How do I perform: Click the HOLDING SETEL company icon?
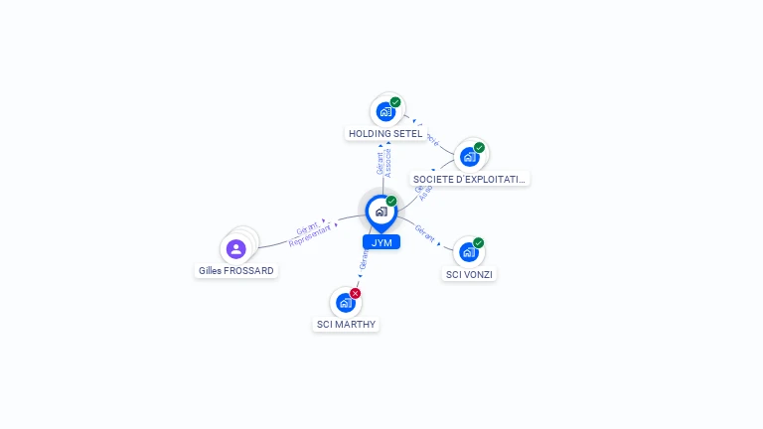[385, 111]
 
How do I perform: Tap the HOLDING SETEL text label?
[385, 133]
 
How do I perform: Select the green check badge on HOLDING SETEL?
[395, 102]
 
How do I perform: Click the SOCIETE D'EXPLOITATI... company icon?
[469, 157]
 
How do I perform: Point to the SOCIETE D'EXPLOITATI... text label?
[470, 179]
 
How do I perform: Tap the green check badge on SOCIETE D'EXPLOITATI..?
[479, 148]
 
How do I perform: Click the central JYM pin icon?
[381, 211]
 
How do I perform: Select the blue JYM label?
[381, 242]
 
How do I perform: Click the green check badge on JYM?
[391, 202]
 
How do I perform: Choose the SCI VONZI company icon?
[468, 252]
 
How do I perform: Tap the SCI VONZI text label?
[469, 274]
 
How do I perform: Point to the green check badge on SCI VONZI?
[478, 243]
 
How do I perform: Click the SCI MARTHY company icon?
[345, 302]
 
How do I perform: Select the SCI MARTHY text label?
[347, 324]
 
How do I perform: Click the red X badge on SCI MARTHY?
[355, 293]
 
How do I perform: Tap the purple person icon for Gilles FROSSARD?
[235, 248]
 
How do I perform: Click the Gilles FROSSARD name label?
[236, 270]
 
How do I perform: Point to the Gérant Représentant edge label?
[309, 233]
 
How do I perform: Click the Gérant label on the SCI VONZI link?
[425, 232]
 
